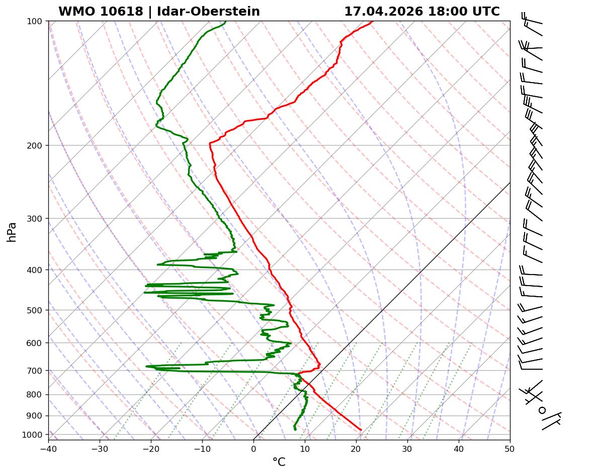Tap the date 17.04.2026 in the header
(383, 12)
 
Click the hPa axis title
(12, 232)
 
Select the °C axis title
(279, 462)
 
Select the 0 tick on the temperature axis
(253, 447)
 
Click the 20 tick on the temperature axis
(356, 447)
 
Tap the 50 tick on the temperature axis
(510, 447)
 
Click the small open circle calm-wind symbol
(542, 410)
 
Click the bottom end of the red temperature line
(361, 430)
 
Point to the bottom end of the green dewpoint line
(295, 430)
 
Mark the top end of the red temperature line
(372, 22)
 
